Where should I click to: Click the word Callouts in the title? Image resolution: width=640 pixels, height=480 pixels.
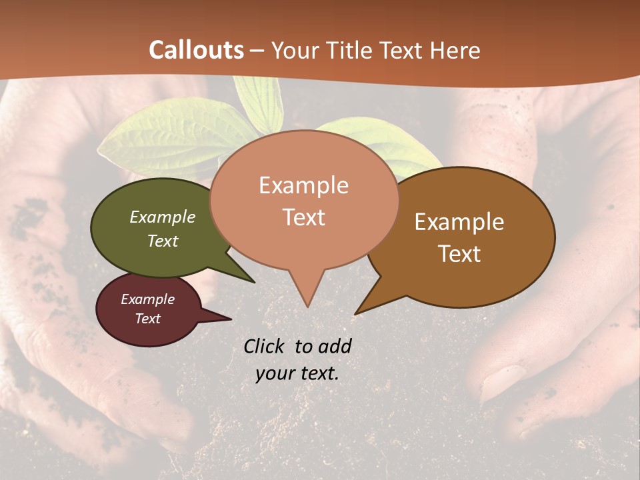point(196,50)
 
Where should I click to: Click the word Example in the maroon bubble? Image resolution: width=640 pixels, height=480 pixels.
point(147,299)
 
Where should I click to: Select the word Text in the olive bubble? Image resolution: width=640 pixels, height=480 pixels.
point(163,241)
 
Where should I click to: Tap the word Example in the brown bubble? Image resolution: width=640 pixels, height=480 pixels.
point(459,222)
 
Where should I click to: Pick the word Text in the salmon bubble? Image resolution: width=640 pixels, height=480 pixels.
point(304,217)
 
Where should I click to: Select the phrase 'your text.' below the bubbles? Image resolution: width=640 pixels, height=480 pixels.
point(297,373)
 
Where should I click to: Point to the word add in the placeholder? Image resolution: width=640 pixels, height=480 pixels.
point(334,346)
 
